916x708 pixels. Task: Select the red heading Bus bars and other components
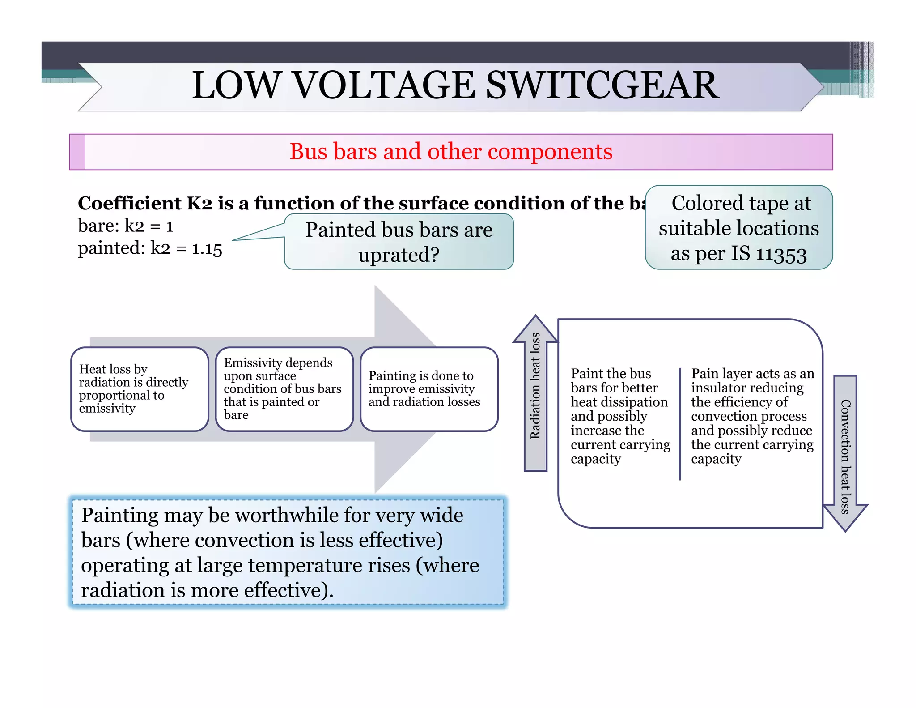pos(450,151)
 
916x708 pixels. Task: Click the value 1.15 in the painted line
pos(207,249)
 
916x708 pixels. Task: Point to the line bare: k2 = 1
pos(125,226)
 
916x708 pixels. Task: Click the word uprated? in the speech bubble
pos(399,255)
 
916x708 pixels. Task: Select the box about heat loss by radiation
pos(140,388)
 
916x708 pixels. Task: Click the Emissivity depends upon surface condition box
pos(284,388)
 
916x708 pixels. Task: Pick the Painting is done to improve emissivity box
pos(428,388)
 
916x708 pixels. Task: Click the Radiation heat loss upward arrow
pos(535,394)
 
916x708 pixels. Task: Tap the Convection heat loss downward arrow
pos(845,452)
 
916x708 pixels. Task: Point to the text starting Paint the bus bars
pos(619,416)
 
